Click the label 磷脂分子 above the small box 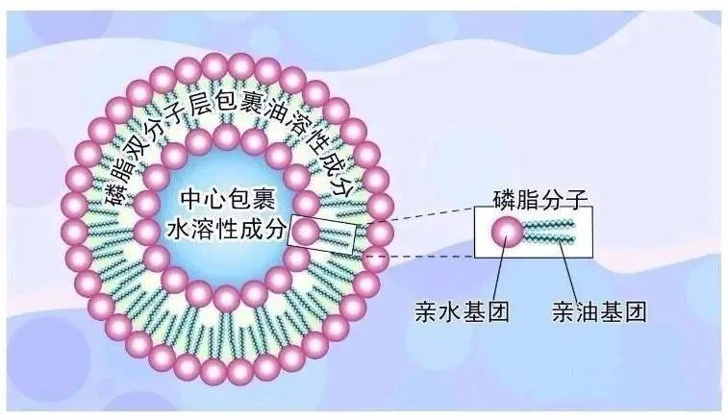tap(540, 200)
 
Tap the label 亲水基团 tap(462, 311)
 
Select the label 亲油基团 tap(598, 311)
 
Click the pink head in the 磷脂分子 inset tap(507, 232)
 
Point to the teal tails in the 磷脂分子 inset tap(549, 232)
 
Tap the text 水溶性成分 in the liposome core tap(226, 229)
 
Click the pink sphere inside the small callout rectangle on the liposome tap(306, 231)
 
